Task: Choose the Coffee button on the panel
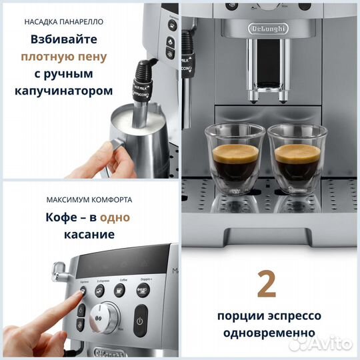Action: click(x=120, y=289)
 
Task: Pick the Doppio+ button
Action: click(x=143, y=289)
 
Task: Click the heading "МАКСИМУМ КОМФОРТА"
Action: click(x=89, y=199)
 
